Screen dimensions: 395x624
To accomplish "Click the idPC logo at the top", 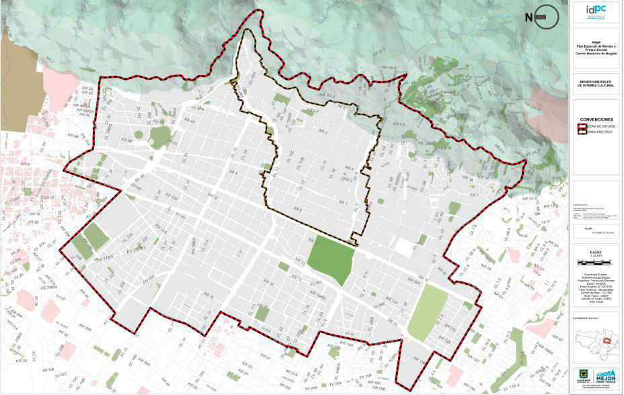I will (x=596, y=10).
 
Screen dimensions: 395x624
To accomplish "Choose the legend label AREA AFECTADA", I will (x=599, y=133).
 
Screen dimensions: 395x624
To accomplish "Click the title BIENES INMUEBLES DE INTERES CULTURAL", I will (x=596, y=84).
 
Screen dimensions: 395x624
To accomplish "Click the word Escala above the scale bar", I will (x=596, y=253).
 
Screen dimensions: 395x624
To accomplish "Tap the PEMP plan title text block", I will (x=596, y=49).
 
